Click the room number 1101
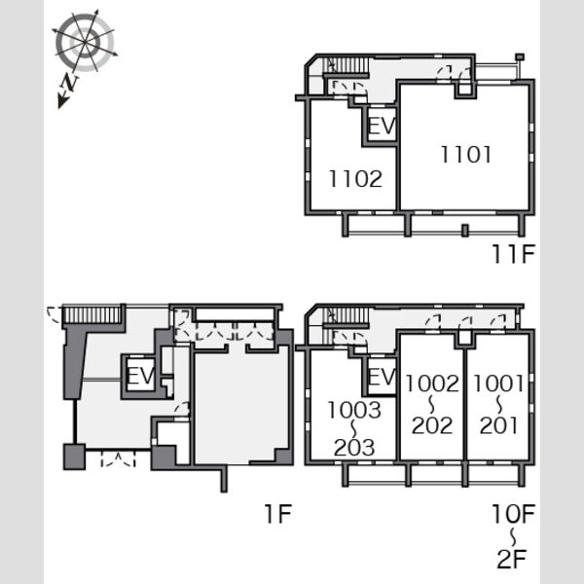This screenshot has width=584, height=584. [x=466, y=155]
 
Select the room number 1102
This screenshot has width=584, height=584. [x=355, y=178]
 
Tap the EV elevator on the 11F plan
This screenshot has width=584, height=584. [x=382, y=126]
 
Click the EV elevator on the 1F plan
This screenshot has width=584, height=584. [x=140, y=376]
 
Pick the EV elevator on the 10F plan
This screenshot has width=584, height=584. [x=382, y=377]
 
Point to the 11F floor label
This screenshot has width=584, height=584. [x=514, y=254]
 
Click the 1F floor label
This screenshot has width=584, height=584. [x=277, y=514]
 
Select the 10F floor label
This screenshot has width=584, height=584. [x=514, y=514]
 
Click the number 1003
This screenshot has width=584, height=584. [x=354, y=410]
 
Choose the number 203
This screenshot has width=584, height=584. [x=354, y=448]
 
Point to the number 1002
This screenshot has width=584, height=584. [x=432, y=383]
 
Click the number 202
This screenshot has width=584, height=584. [x=432, y=425]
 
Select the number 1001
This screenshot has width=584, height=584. [x=498, y=383]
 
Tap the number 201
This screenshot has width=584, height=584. [x=498, y=425]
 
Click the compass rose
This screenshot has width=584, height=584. [x=85, y=42]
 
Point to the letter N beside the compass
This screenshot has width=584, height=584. [x=69, y=83]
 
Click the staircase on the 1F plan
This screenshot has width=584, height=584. [x=92, y=314]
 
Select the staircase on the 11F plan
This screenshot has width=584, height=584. [x=347, y=65]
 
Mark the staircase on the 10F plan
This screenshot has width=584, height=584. [x=347, y=315]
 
